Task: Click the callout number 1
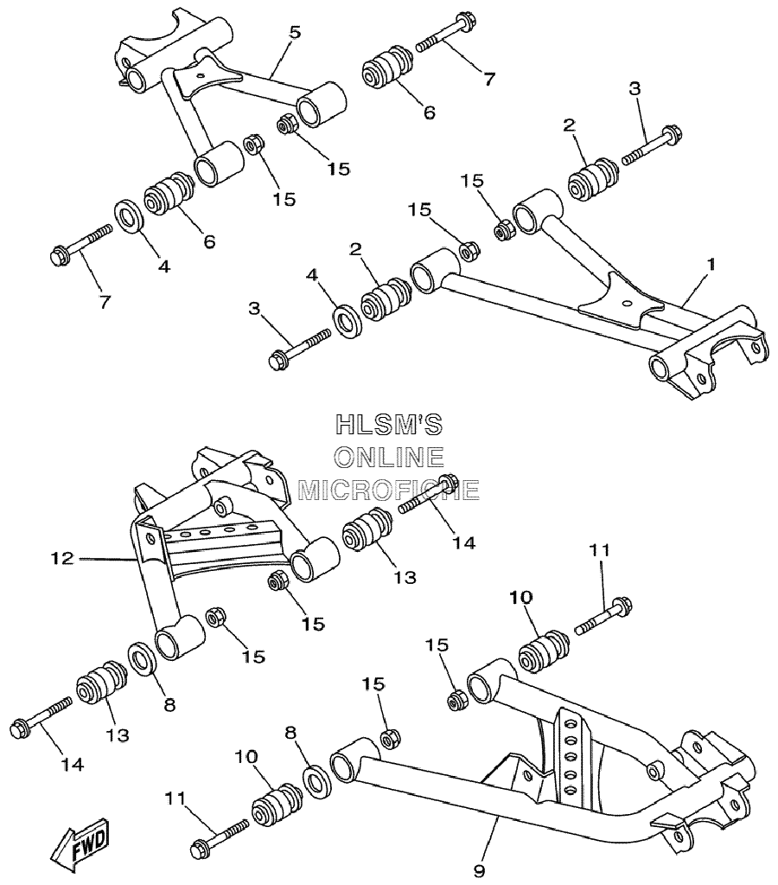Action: pos(711,264)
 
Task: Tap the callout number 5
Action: pos(295,32)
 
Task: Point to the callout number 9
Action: pos(479,871)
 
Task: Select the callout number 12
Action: pos(62,558)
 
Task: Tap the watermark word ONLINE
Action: pos(389,457)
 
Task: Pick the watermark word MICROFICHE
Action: pos(389,490)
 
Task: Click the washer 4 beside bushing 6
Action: pos(129,215)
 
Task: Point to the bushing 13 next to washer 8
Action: pos(102,682)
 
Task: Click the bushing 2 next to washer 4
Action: pos(386,298)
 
